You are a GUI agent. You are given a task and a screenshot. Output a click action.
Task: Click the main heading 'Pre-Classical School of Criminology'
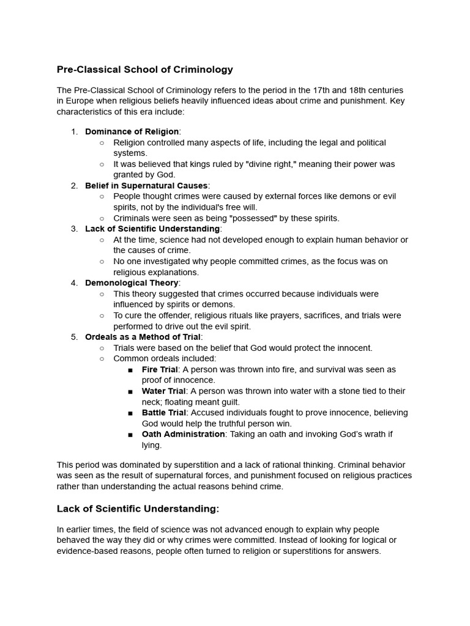pos(145,70)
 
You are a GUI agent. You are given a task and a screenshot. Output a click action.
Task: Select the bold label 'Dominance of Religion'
pos(132,131)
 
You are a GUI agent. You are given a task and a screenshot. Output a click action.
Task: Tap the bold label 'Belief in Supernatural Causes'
pos(146,185)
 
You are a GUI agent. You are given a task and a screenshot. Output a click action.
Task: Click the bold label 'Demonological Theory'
pos(132,282)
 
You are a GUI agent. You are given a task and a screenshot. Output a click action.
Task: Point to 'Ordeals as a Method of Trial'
pos(143,337)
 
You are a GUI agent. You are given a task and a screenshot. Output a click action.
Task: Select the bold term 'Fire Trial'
pos(160,369)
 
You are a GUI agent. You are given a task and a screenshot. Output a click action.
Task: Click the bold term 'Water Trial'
pos(163,391)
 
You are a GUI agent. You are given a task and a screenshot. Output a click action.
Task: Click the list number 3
pos(74,229)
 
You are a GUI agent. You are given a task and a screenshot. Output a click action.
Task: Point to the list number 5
pos(74,337)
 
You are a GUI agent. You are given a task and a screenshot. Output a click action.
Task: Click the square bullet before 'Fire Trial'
pos(130,370)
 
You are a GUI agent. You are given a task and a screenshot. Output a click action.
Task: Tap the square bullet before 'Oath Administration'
pos(130,435)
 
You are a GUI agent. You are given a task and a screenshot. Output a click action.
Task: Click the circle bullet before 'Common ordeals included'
pos(102,359)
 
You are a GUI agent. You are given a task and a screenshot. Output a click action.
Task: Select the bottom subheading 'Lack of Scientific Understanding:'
pos(138,509)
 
